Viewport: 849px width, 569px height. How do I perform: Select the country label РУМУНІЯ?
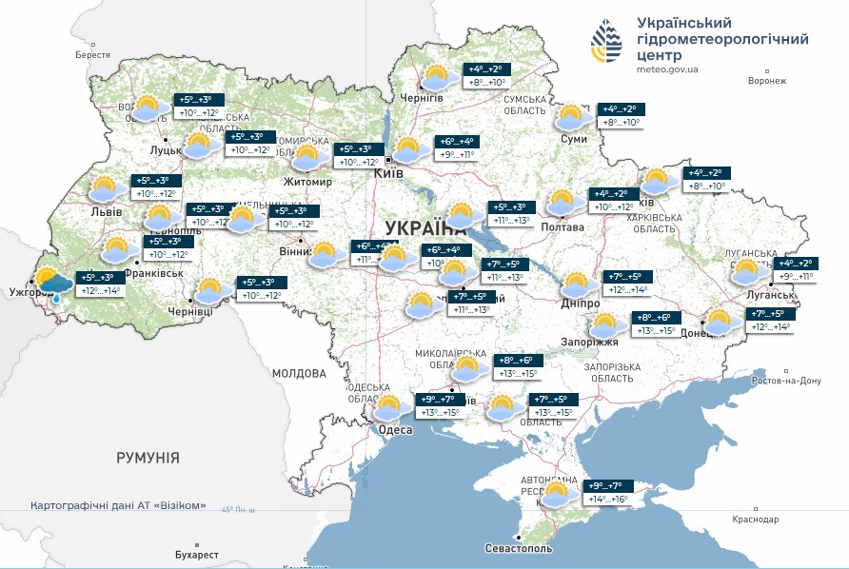148,458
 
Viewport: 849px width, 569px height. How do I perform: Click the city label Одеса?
396,430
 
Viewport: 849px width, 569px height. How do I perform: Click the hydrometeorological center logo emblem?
606,44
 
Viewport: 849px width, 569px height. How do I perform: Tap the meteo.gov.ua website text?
667,69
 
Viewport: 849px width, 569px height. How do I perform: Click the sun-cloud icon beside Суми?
571,117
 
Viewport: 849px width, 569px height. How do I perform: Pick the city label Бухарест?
197,555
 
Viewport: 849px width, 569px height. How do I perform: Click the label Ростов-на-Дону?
785,381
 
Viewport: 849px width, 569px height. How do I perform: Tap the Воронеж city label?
767,81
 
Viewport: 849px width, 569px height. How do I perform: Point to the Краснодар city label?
756,520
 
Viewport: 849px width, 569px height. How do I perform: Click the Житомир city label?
307,182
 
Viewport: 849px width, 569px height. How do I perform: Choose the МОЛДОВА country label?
299,373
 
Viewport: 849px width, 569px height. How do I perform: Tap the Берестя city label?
93,55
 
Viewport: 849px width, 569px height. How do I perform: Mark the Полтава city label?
562,227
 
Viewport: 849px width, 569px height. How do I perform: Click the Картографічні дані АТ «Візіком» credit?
118,505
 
